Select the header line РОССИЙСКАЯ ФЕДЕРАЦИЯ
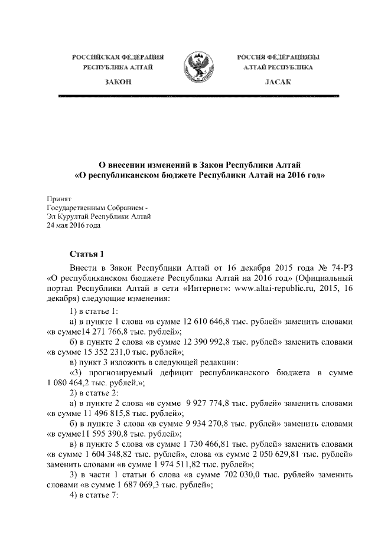coord(118,57)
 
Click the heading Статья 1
coord(86,255)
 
